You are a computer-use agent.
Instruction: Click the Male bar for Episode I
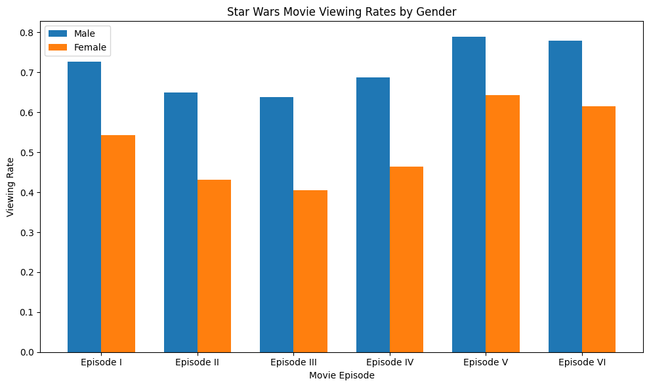84,207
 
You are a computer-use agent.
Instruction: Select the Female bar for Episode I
118,243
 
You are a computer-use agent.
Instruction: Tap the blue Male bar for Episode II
180,222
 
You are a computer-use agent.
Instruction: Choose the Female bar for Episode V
503,224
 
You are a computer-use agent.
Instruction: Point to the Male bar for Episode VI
565,196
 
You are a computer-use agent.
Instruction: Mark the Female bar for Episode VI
598,229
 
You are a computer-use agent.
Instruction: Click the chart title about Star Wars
341,11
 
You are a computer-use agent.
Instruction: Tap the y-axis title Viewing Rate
10,187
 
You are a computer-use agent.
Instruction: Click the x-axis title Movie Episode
341,376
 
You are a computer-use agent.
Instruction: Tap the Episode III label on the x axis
293,362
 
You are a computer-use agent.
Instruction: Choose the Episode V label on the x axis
486,362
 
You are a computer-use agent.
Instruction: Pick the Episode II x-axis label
198,362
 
